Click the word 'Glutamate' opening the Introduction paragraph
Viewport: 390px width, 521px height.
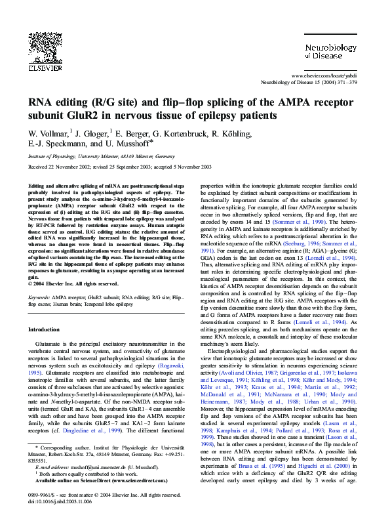point(50,344)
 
